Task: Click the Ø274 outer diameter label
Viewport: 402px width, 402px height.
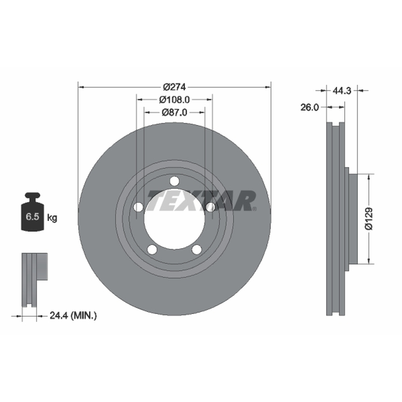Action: point(174,87)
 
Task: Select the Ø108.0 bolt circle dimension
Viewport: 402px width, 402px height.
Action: point(174,99)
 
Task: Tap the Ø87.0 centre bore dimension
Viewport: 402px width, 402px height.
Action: point(174,112)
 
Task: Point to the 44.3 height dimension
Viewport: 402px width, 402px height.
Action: point(342,90)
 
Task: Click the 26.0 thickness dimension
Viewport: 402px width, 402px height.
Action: point(310,108)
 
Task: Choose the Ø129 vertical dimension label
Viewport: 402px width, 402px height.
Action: point(369,219)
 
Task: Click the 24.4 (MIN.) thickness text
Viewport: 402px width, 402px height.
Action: point(73,316)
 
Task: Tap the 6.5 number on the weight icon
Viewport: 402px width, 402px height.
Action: point(32,217)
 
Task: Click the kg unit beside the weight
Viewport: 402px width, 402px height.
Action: point(52,218)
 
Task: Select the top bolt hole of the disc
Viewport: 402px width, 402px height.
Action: point(174,181)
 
